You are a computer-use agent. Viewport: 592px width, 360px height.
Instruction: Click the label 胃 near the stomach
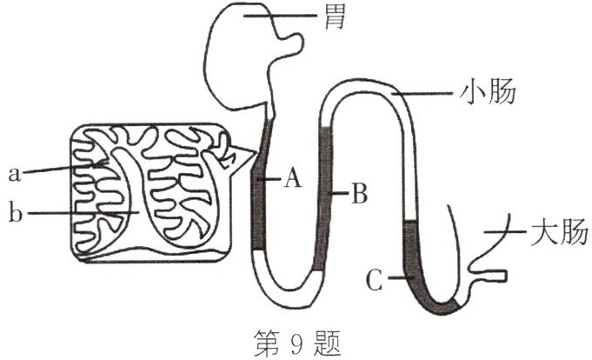pyautogui.click(x=333, y=16)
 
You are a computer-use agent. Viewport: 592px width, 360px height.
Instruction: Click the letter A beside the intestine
pyautogui.click(x=293, y=179)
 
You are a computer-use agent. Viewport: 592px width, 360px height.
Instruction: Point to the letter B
pyautogui.click(x=358, y=193)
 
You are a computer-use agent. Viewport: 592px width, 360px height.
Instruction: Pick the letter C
pyautogui.click(x=373, y=280)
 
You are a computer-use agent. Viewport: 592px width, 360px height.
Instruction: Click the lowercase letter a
pyautogui.click(x=14, y=173)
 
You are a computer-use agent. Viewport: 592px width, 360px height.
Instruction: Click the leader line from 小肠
pyautogui.click(x=426, y=92)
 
